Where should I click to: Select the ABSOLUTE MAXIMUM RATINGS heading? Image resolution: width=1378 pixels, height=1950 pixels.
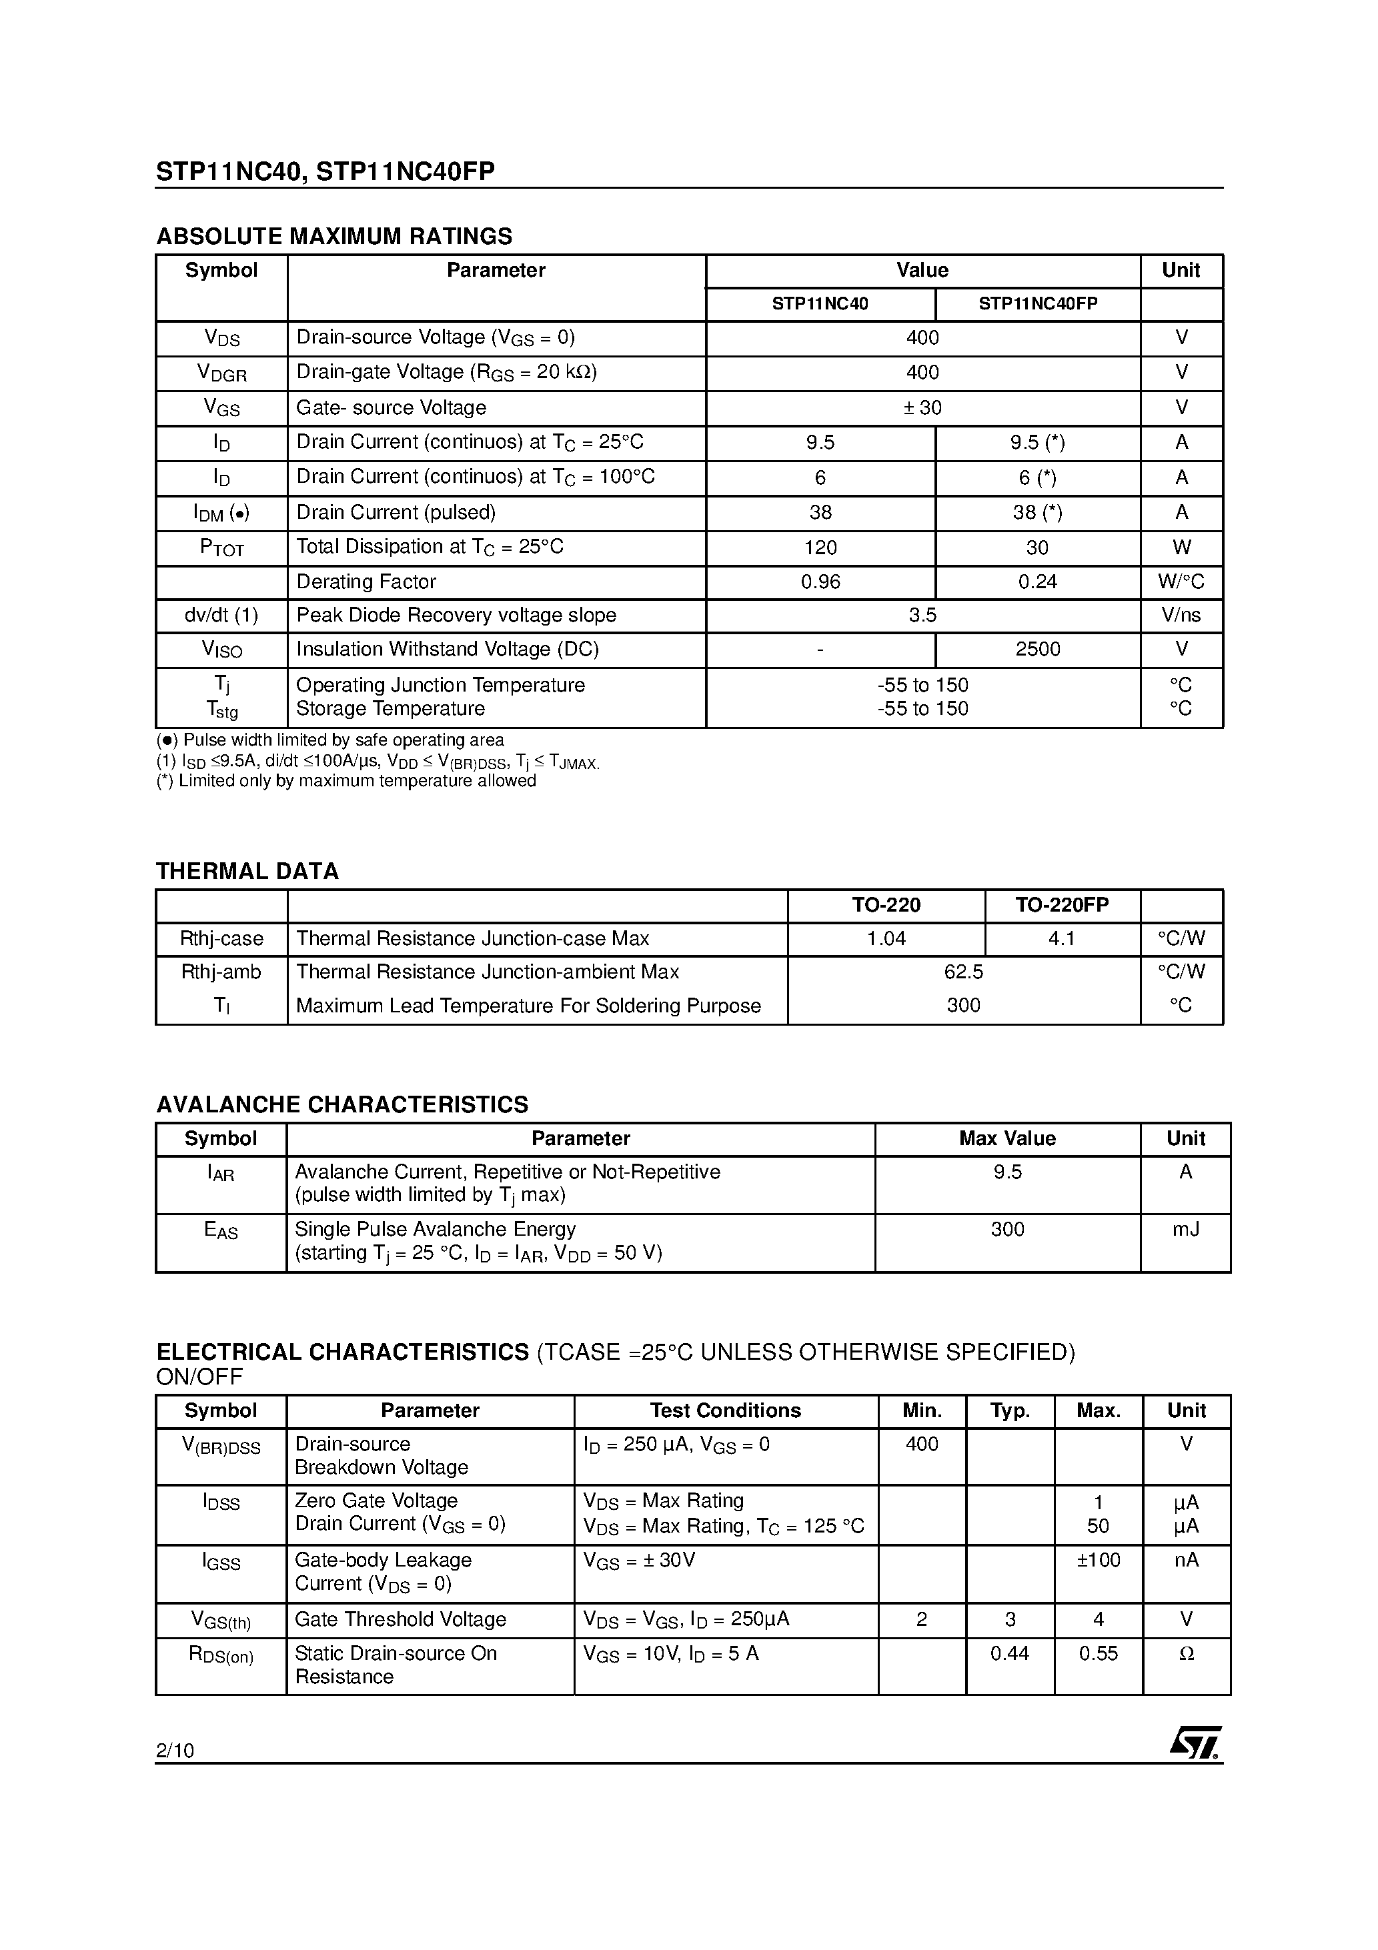coord(334,236)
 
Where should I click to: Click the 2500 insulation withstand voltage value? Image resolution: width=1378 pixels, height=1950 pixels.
coord(1037,650)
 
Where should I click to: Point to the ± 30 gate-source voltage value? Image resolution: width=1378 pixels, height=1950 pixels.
coord(922,407)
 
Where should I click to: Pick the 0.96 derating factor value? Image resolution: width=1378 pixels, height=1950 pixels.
coord(820,582)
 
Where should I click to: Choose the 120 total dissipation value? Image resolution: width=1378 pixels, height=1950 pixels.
coord(820,548)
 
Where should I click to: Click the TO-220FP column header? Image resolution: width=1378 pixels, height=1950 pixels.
coord(1062,906)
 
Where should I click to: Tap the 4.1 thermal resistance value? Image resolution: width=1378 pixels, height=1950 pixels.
coord(1062,938)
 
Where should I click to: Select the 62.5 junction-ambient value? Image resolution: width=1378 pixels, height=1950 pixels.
coord(963,972)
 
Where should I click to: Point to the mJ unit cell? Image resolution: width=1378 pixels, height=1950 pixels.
coord(1185,1229)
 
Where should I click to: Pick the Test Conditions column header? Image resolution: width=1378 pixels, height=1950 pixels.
coord(726,1410)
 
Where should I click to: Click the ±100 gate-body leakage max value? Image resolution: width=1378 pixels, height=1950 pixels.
coord(1098,1560)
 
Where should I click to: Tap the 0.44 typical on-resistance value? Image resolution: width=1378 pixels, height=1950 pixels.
coord(1009,1654)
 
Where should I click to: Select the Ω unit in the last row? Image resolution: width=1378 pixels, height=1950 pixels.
coord(1186,1654)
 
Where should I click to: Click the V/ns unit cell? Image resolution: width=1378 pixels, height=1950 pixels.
coord(1181,615)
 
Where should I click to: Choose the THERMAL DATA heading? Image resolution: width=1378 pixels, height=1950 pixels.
coord(247,872)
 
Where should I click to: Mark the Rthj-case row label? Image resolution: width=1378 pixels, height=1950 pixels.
coord(221,938)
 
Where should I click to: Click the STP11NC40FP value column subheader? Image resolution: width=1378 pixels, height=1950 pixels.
coord(1037,304)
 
